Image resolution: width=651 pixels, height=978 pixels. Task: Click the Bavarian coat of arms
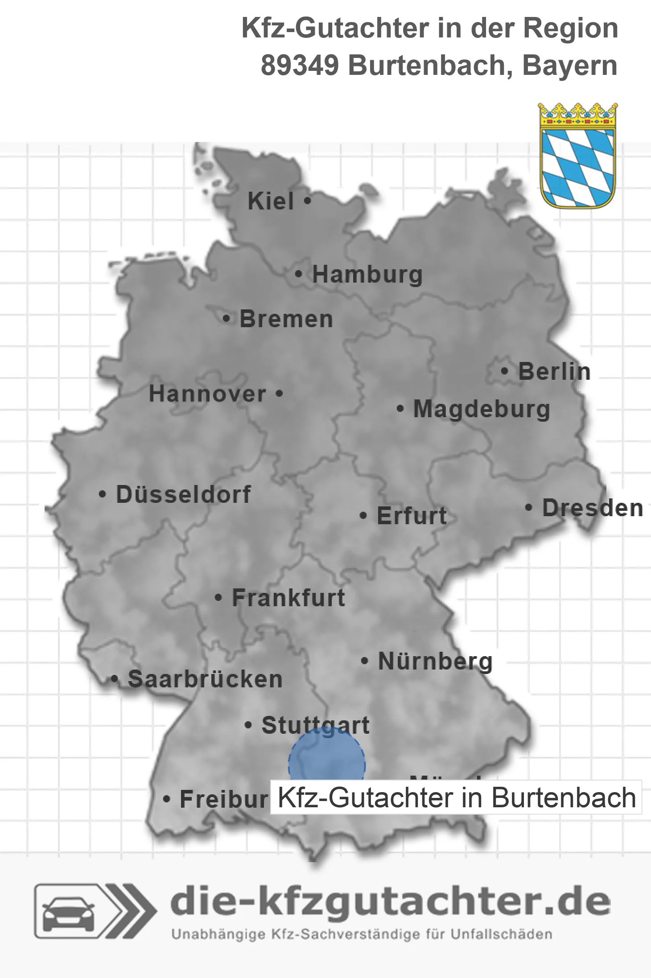click(577, 156)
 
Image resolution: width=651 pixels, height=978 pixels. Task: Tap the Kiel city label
click(271, 201)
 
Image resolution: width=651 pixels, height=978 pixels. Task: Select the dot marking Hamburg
click(298, 274)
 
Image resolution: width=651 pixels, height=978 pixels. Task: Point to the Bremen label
click(286, 319)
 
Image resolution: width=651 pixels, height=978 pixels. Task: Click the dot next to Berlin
click(504, 371)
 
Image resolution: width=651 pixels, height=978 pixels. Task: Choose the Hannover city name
click(207, 394)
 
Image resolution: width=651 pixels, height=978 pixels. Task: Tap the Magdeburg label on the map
click(482, 409)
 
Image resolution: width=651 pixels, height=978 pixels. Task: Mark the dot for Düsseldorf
click(103, 494)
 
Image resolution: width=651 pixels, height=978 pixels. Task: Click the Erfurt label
click(412, 516)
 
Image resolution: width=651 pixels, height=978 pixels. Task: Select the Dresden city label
click(593, 508)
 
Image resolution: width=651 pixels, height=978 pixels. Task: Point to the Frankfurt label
click(288, 598)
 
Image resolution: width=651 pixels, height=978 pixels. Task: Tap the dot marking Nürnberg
click(364, 661)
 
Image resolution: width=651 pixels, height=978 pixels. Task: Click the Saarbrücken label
click(205, 679)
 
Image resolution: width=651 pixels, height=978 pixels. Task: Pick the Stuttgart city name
click(315, 725)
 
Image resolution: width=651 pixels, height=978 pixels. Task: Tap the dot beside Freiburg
click(166, 799)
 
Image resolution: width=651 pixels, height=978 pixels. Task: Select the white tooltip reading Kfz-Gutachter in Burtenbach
click(456, 797)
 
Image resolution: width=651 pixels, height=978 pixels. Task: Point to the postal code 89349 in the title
click(299, 66)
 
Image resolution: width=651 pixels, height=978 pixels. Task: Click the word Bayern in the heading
click(569, 66)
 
